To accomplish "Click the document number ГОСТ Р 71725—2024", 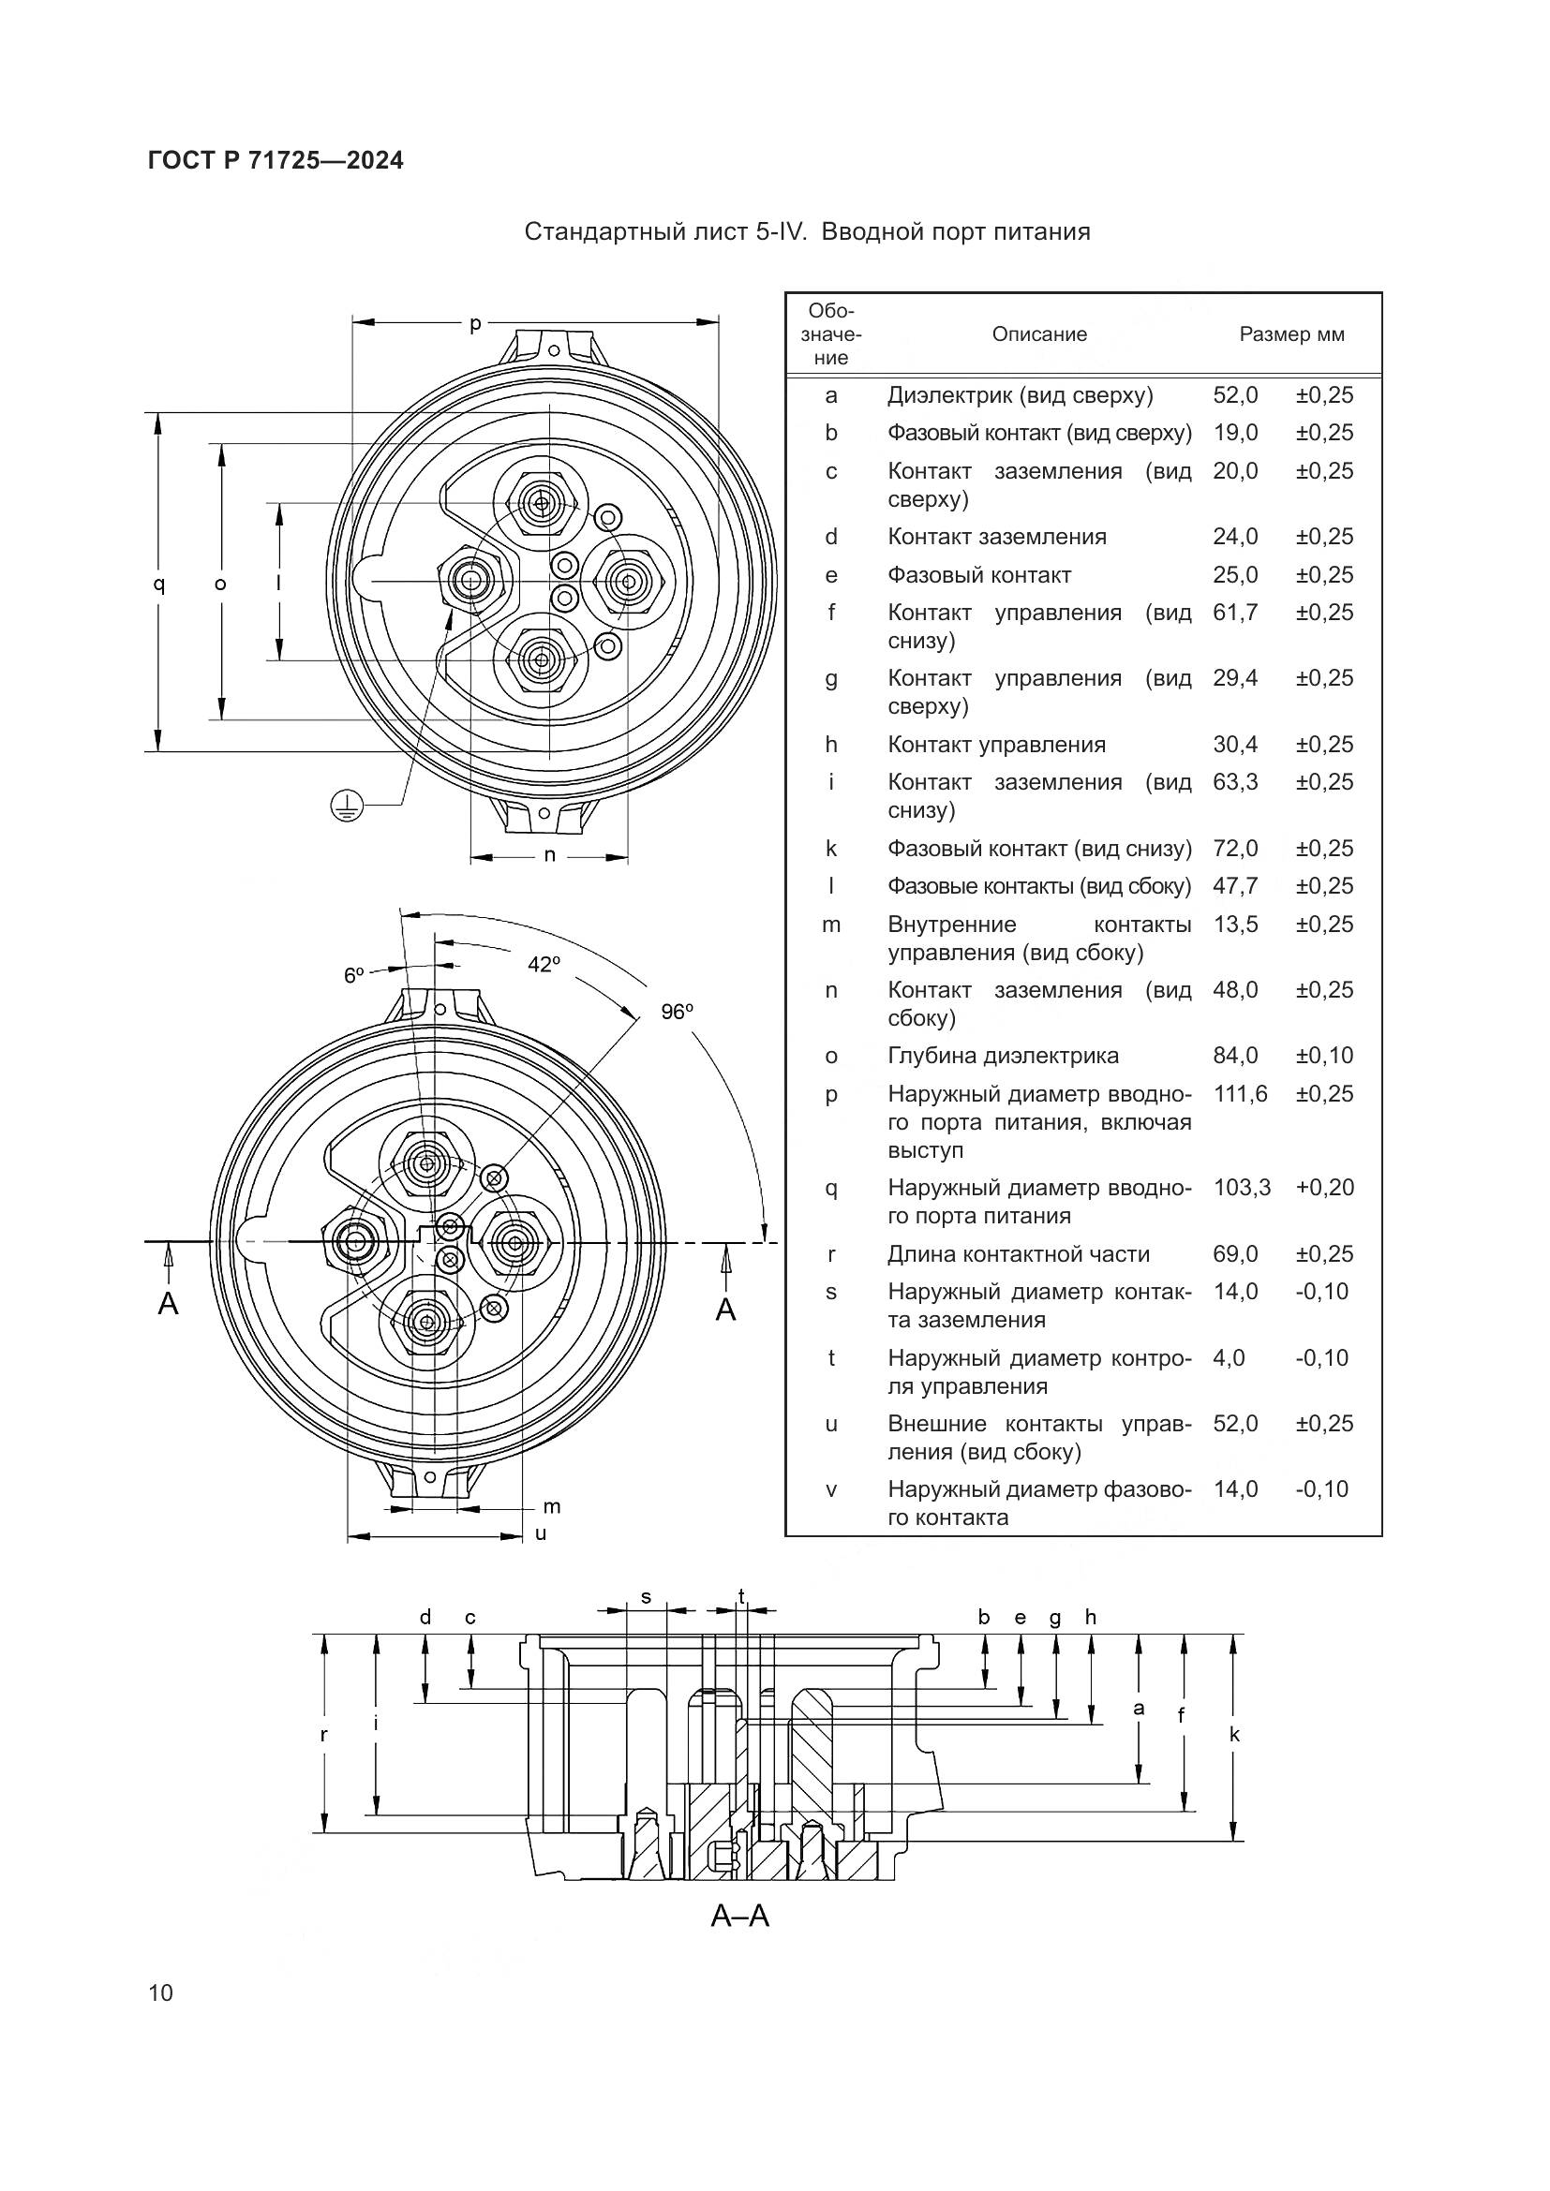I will (276, 161).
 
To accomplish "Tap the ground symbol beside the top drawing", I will (347, 807).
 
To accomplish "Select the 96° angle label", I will (677, 1012).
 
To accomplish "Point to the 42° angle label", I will (544, 965).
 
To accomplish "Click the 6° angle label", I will (354, 975).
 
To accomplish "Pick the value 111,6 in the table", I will (1240, 1093).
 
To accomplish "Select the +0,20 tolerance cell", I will (1325, 1188).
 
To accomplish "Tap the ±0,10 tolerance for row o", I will (1325, 1056).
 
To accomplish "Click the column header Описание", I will (1039, 335).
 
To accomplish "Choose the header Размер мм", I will (1291, 335).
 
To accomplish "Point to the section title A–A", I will (739, 1916).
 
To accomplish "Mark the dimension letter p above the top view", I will (475, 324).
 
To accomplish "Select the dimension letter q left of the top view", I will (159, 583).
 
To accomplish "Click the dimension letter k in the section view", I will (1234, 1735).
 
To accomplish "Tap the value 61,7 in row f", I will (1235, 613).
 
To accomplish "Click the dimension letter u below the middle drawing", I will (540, 1533).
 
